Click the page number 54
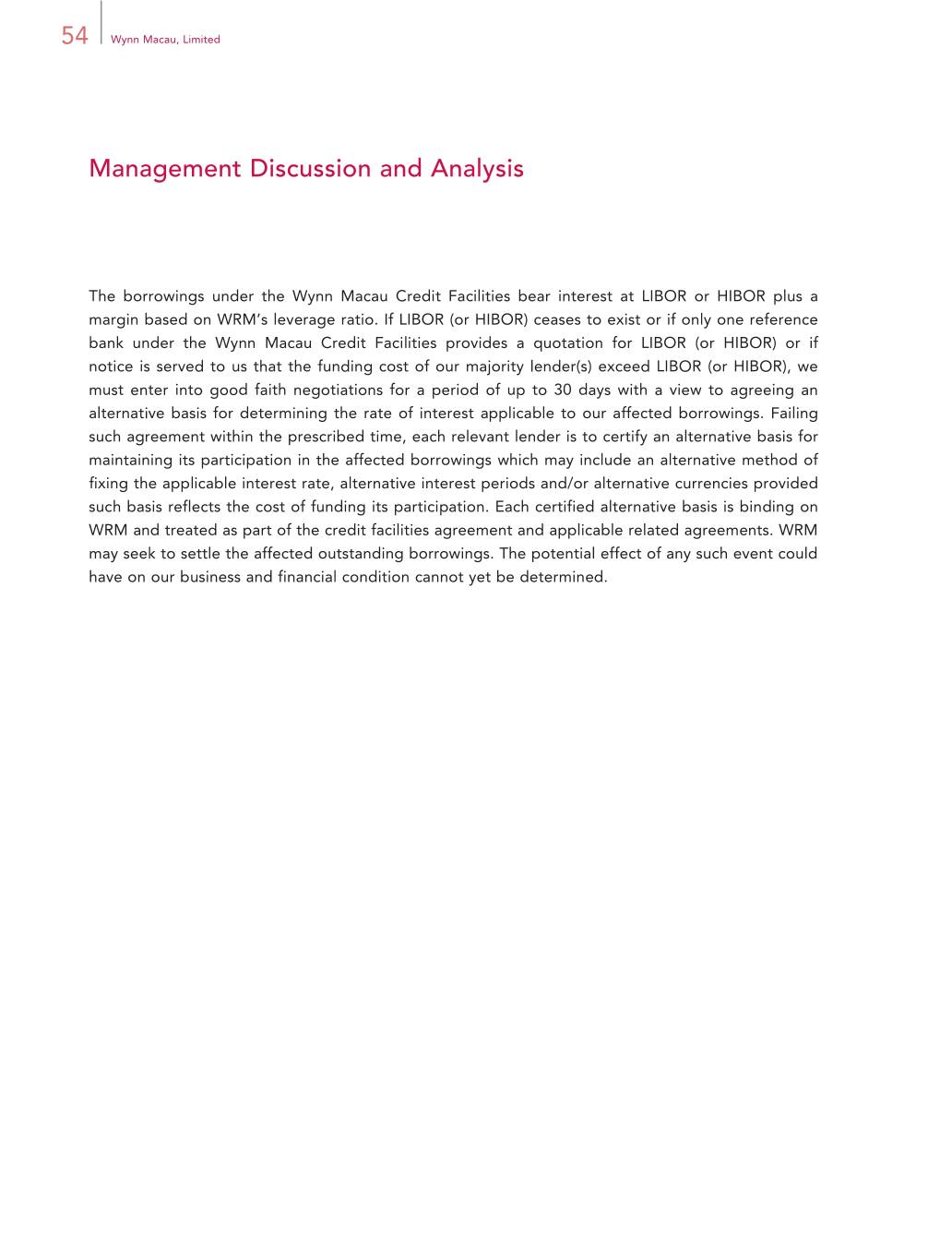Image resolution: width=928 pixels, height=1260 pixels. coord(75,36)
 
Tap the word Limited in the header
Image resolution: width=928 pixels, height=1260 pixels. coord(201,40)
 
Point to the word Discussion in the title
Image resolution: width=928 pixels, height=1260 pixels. coord(309,169)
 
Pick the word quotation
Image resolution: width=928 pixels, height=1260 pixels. coord(566,343)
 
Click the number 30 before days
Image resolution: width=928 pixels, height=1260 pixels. coord(563,390)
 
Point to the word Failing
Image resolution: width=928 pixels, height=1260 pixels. coord(793,414)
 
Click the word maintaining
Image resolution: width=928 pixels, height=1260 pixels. coord(130,461)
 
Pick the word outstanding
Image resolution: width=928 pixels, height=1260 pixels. coord(363,554)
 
